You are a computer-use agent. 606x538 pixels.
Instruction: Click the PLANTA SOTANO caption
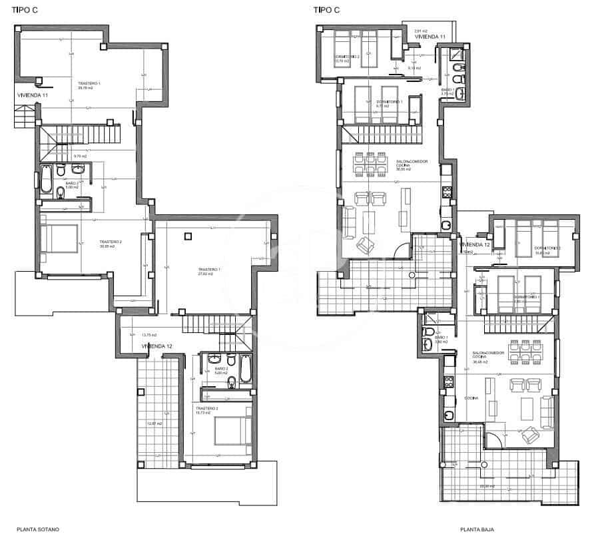(x=38, y=529)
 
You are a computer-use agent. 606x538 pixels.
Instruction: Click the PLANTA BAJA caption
(x=475, y=530)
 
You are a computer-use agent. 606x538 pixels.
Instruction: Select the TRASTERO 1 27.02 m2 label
(x=208, y=270)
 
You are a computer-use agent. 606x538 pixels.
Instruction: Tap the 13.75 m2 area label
(x=149, y=335)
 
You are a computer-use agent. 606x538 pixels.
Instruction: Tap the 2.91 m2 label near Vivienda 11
(x=420, y=31)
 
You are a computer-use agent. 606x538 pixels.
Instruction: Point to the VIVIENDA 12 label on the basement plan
(x=157, y=346)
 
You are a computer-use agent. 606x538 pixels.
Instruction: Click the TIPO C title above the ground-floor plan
(x=326, y=9)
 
